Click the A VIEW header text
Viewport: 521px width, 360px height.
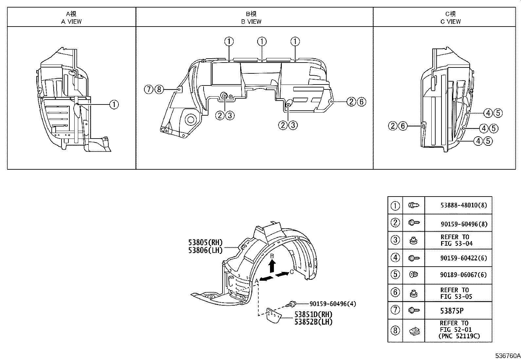(71, 22)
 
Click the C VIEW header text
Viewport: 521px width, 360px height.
(450, 22)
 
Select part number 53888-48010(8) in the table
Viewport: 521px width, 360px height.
(463, 205)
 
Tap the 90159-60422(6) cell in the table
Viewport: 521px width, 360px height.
(463, 258)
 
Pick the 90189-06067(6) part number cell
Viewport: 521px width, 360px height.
(463, 275)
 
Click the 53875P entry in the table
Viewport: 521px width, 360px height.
(452, 311)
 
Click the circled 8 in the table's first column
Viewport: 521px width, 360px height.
(395, 331)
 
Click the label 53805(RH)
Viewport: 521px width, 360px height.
(205, 243)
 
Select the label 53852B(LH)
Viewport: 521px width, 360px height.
(313, 322)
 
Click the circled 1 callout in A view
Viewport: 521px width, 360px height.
(114, 105)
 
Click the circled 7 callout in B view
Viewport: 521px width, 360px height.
(149, 89)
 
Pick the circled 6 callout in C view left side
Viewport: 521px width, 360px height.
(403, 125)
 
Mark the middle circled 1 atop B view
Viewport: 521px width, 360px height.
(262, 42)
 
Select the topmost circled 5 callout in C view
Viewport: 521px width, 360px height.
(497, 113)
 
